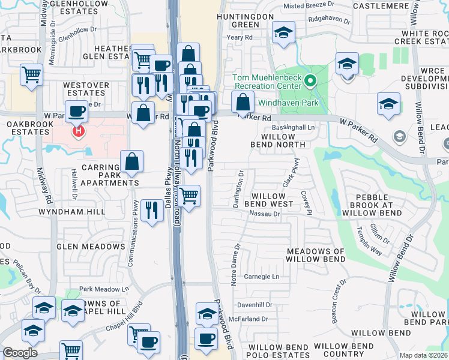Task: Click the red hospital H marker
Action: pyautogui.click(x=77, y=130)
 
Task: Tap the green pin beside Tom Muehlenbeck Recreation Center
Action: pyautogui.click(x=310, y=80)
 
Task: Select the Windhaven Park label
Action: pyautogui.click(x=288, y=103)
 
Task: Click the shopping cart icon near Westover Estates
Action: pyautogui.click(x=31, y=75)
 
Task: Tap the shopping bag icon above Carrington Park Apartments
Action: pyautogui.click(x=131, y=161)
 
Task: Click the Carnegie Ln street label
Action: pyautogui.click(x=262, y=277)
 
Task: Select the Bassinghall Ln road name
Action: pyautogui.click(x=294, y=128)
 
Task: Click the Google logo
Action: pyautogui.click(x=20, y=353)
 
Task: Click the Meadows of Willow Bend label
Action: pyautogui.click(x=315, y=255)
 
